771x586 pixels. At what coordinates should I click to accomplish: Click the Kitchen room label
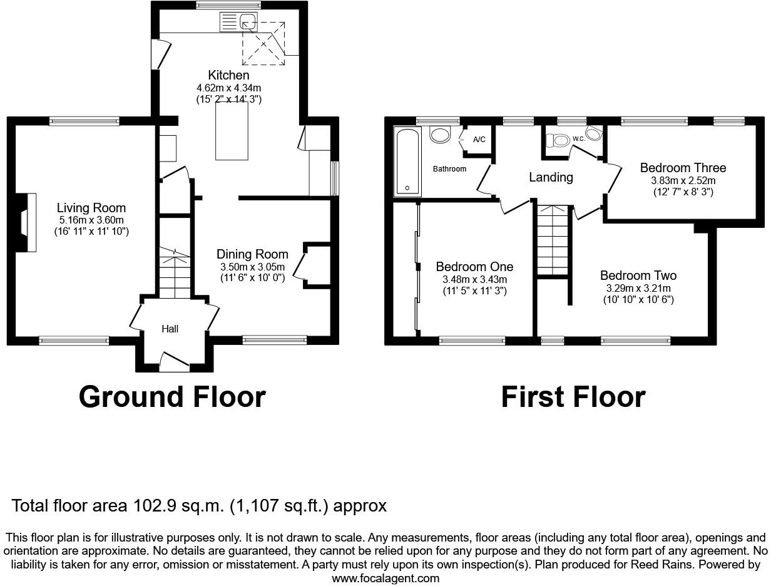pos(228,75)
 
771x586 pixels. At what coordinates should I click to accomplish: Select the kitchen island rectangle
pos(231,131)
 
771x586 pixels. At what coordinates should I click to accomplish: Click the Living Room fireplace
pos(26,222)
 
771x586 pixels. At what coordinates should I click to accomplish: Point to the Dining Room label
pos(252,254)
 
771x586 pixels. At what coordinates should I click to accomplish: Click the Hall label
pos(170,329)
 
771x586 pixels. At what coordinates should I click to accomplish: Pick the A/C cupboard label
pos(479,140)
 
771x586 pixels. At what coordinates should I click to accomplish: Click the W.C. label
pos(578,138)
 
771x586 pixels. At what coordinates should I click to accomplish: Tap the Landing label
pos(551,177)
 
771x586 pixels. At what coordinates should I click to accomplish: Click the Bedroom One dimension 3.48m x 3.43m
pos(474,279)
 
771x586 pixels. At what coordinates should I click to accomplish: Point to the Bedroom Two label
pos(638,275)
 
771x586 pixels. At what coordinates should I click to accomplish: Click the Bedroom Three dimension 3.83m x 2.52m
pos(683,180)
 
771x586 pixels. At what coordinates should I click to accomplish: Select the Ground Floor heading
pos(172,397)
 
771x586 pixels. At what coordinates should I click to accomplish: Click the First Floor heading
pos(573,397)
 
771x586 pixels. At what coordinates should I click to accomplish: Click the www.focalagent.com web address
pos(385,578)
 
